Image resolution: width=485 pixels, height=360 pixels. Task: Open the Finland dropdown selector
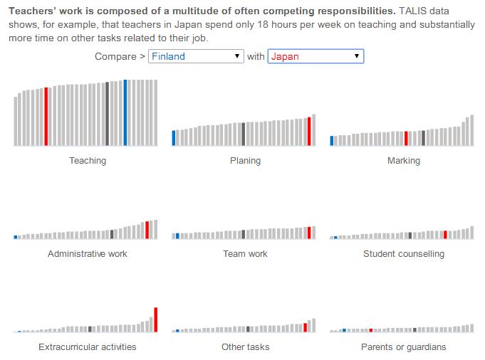point(196,56)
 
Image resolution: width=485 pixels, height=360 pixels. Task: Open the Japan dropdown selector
point(315,56)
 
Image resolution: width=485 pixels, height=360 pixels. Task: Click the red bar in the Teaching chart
point(46,117)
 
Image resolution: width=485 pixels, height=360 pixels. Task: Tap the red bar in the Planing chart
point(309,132)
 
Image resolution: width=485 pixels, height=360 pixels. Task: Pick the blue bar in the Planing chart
point(174,138)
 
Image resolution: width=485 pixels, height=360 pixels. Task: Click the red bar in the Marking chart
point(406,139)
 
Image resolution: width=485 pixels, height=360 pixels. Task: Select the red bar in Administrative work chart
point(147,230)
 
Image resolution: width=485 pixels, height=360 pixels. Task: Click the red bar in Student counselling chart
point(445,235)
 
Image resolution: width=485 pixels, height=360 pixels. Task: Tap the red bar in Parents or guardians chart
point(371,330)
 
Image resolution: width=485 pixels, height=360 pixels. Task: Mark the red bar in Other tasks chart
point(305,327)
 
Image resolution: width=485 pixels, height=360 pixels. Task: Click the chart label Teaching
point(88,161)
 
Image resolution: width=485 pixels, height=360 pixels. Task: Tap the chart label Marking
point(404,161)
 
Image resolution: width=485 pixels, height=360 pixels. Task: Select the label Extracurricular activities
point(88,347)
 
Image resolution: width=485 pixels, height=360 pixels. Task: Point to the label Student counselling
point(404,254)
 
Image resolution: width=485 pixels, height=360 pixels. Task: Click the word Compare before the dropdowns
point(115,56)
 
